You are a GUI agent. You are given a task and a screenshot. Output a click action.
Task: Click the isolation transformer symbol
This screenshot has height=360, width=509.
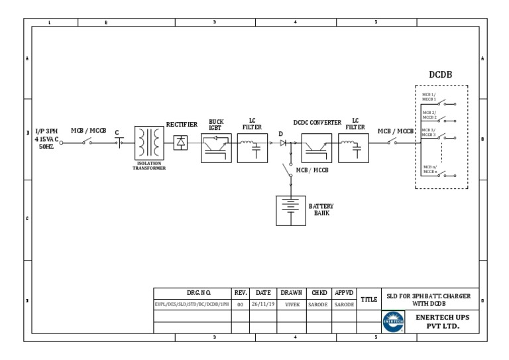pyautogui.click(x=149, y=143)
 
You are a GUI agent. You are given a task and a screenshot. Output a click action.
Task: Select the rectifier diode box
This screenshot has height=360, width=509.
pyautogui.click(x=180, y=142)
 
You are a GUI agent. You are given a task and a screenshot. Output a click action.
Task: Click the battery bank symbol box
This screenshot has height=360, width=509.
pyautogui.click(x=291, y=211)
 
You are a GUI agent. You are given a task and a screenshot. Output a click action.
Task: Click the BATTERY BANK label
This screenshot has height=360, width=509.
pyautogui.click(x=321, y=210)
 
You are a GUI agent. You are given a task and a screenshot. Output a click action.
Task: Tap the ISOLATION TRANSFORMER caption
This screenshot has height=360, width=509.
pyautogui.click(x=149, y=166)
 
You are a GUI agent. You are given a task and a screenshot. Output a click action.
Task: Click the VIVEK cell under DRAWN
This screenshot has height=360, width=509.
pyautogui.click(x=292, y=304)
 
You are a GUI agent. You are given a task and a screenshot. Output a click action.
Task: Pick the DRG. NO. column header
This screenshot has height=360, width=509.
pyautogui.click(x=192, y=292)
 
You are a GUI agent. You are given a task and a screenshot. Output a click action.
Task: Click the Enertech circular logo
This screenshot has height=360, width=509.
pyautogui.click(x=393, y=321)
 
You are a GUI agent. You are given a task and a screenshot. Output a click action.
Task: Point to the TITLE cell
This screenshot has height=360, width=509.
pyautogui.click(x=368, y=299)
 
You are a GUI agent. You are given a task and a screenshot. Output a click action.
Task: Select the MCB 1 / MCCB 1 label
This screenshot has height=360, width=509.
pyautogui.click(x=429, y=97)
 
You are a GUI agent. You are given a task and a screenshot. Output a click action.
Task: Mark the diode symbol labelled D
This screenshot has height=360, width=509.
pyautogui.click(x=283, y=143)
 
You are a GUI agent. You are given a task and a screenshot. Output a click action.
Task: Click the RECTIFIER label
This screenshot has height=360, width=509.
pyautogui.click(x=182, y=125)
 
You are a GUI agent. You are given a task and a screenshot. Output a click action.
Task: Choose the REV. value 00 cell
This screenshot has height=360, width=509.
pyautogui.click(x=240, y=304)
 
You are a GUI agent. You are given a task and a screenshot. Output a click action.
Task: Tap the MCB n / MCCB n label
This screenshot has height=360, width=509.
pyautogui.click(x=430, y=170)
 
